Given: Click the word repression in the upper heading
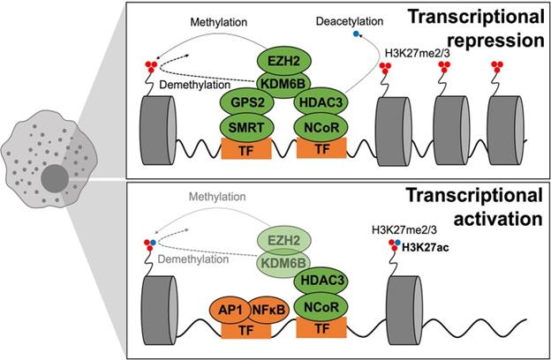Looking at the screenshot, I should click(x=494, y=41).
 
